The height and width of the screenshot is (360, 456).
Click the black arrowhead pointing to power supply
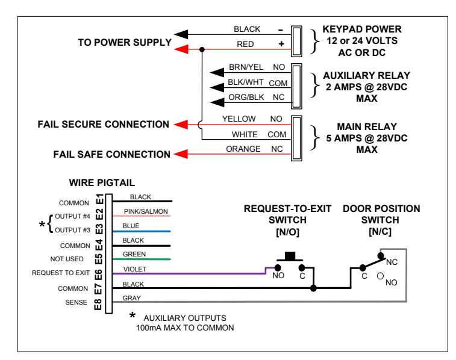pyautogui.click(x=181, y=34)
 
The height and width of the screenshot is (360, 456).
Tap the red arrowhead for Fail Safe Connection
pyautogui.click(x=181, y=154)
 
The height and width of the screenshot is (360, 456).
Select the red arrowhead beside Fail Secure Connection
pyautogui.click(x=181, y=125)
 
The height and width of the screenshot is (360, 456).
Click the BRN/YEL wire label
pyautogui.click(x=246, y=67)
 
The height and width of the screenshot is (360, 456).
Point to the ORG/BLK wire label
pyautogui.click(x=246, y=97)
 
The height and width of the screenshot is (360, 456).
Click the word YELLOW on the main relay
pyautogui.click(x=239, y=119)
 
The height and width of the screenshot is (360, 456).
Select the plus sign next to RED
pyautogui.click(x=281, y=44)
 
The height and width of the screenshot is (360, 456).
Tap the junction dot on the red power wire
pyautogui.click(x=202, y=49)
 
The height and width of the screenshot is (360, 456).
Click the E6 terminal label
pyautogui.click(x=99, y=275)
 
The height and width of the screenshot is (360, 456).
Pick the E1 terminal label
pyautogui.click(x=99, y=199)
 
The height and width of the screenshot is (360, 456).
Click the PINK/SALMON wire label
pyautogui.click(x=146, y=211)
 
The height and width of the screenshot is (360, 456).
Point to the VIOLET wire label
pyautogui.click(x=135, y=269)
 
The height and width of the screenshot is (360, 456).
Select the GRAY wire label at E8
pyautogui.click(x=131, y=298)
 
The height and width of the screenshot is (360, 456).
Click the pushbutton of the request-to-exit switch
pyautogui.click(x=290, y=257)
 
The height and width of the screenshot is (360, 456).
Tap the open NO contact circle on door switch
pyautogui.click(x=380, y=276)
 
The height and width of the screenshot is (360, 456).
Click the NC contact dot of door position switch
pyautogui.click(x=381, y=256)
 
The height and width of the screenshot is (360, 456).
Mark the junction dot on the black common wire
pyautogui.click(x=313, y=288)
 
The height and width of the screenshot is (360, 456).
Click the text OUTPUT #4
pyautogui.click(x=72, y=217)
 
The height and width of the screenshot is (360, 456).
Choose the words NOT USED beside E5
pyautogui.click(x=67, y=259)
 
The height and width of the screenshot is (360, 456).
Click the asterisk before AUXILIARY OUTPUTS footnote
pyautogui.click(x=133, y=315)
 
